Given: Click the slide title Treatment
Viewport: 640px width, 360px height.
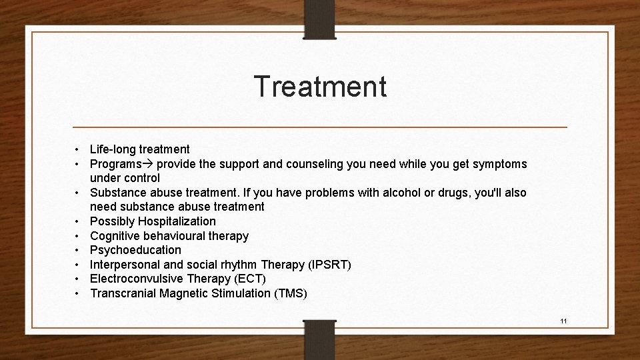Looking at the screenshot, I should point(320,87).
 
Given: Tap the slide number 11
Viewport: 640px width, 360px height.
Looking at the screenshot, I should point(563,321).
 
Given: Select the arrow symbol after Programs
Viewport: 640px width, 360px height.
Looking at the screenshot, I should point(148,164).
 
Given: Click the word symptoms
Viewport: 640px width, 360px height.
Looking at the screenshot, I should point(499,164).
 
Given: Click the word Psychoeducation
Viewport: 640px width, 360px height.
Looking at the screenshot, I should point(135,250).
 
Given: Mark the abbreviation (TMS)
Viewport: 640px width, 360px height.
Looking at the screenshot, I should point(288,293).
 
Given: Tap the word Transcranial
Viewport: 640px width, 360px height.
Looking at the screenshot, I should point(123,293).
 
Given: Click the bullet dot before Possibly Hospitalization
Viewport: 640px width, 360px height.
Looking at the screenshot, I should point(78,221).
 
